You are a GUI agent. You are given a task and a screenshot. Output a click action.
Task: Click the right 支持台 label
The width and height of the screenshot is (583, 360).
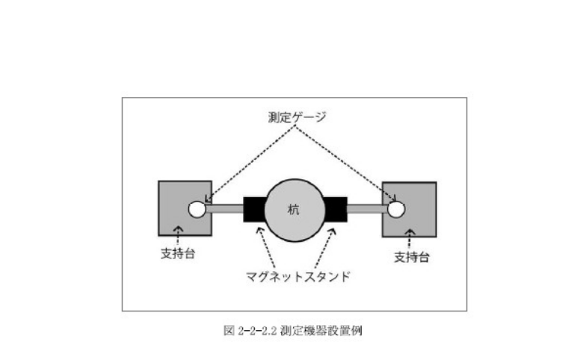[409, 256]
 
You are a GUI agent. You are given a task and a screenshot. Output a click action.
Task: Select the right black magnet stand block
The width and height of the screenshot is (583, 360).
[336, 209]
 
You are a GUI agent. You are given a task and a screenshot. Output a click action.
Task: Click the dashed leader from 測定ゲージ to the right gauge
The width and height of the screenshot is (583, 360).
[351, 168]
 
